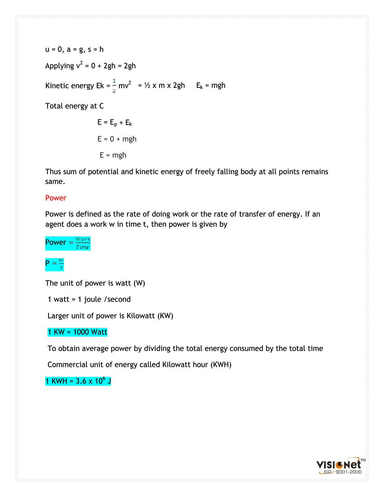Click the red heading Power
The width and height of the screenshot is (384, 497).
coord(56,198)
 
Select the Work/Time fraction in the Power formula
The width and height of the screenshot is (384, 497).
coord(83,243)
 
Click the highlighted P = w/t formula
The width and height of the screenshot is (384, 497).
coord(54,264)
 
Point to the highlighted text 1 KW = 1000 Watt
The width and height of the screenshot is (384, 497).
coord(77,332)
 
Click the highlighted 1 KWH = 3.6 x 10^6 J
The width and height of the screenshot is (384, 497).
coord(78,381)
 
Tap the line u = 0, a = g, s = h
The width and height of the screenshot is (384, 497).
coord(74,49)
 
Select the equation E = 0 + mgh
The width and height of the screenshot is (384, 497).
coord(117,139)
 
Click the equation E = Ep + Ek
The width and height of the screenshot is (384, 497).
coord(114,122)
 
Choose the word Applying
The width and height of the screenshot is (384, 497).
coord(60,66)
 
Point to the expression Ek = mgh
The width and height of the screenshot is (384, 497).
coord(211,86)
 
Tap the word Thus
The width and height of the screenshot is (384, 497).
coord(53,172)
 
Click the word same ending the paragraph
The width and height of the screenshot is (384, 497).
coord(55,182)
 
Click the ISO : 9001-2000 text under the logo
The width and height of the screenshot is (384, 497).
coord(342,472)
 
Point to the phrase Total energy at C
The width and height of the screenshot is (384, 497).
coord(74,106)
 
